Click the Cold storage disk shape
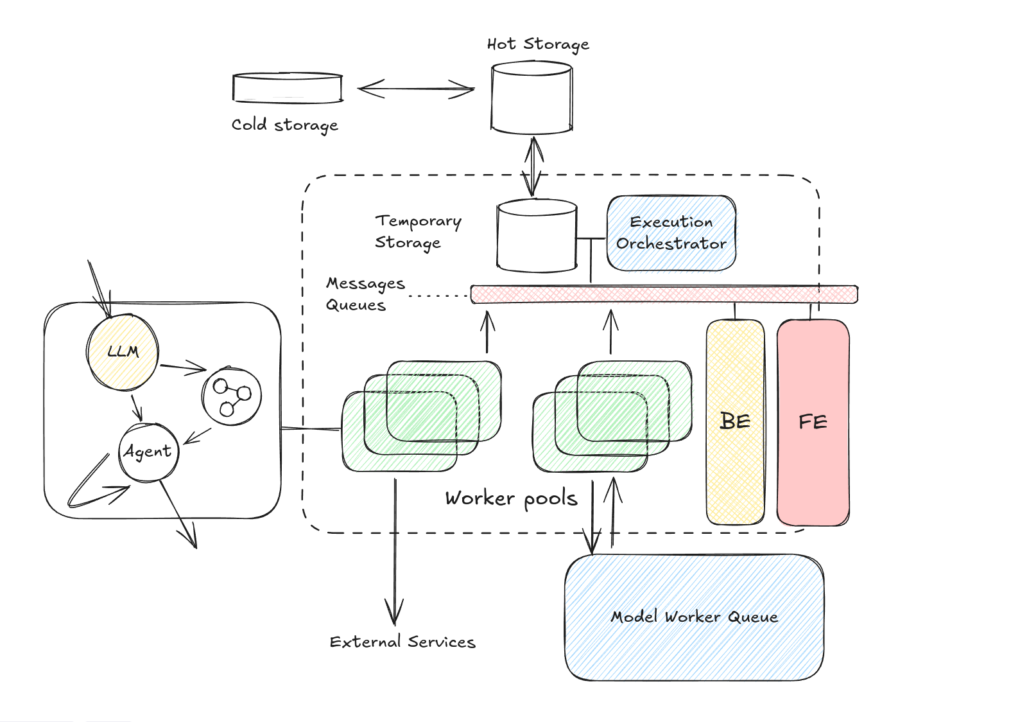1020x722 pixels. (287, 89)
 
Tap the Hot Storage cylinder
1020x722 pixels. (532, 98)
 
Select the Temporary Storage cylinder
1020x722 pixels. (537, 235)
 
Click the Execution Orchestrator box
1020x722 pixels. (671, 233)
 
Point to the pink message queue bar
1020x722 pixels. (664, 294)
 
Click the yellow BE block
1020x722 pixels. (735, 422)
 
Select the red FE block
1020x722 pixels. (813, 422)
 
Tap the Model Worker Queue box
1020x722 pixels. (694, 617)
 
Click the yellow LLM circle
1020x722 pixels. (123, 351)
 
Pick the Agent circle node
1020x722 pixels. (148, 452)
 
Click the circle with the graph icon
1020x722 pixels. (231, 396)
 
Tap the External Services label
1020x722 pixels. (402, 642)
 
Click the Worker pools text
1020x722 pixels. (511, 498)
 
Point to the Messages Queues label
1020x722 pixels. (365, 294)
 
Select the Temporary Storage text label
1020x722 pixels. (417, 231)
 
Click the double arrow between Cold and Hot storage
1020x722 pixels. (415, 89)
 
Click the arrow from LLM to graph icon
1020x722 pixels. (184, 368)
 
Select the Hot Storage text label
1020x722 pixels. (538, 44)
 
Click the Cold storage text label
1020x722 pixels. (284, 125)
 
